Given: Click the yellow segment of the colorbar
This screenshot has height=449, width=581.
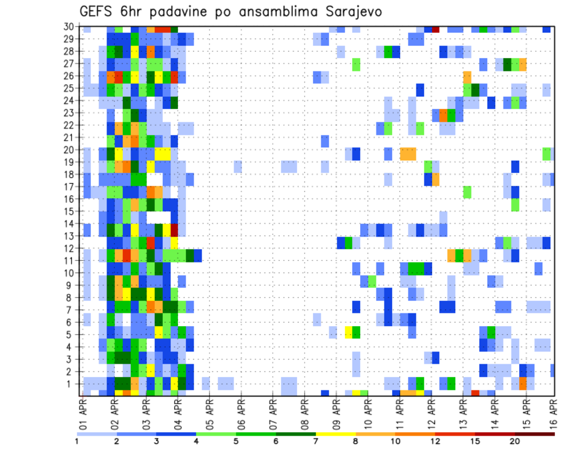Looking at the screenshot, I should point(335,433).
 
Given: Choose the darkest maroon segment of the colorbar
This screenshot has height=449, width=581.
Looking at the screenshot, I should point(535,433).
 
